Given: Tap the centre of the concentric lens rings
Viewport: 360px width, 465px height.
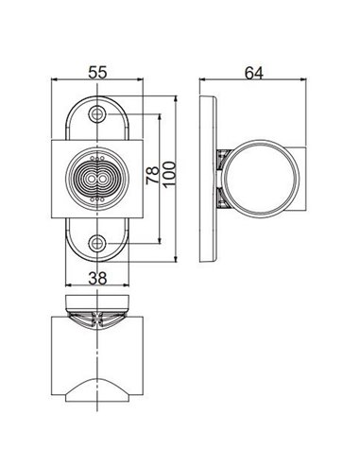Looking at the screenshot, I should (97, 179).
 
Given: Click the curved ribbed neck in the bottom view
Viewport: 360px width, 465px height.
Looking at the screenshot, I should (97, 318).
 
